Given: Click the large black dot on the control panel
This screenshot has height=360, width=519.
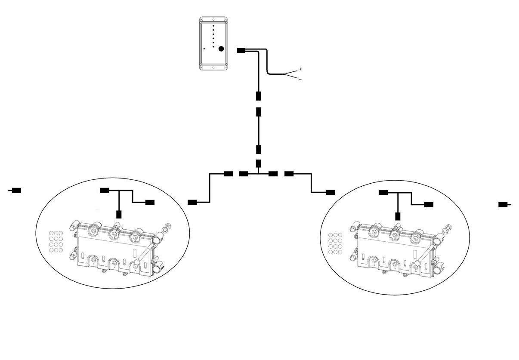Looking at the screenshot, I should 221,49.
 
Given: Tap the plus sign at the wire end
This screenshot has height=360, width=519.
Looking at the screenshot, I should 300,69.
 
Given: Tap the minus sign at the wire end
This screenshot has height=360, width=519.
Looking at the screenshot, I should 300,79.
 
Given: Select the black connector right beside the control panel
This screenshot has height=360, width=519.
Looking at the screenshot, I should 241,50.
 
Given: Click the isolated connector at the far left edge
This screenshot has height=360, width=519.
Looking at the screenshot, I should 16,190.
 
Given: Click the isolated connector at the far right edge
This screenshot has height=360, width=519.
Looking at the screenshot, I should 503,205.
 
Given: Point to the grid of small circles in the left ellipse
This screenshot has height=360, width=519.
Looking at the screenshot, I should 56,241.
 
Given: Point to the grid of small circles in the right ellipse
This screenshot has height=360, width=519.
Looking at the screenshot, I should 335,243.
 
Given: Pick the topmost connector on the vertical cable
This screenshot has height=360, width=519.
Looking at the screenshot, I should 259,95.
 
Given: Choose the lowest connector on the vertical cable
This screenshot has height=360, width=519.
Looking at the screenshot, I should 259,163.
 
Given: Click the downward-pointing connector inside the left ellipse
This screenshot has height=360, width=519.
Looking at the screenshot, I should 119,214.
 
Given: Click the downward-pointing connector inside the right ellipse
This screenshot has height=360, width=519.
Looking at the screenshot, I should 398,216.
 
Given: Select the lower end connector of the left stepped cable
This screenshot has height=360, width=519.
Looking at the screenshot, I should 193,202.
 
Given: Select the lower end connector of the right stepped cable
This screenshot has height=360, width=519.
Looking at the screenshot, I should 330,192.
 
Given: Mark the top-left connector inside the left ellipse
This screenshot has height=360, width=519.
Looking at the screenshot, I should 104,190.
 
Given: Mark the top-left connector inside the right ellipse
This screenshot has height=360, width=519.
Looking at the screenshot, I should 383,192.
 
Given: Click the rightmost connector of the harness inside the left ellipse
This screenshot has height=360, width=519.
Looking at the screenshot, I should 150,202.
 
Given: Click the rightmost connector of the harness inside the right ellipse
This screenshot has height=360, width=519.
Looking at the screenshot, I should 429,204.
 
